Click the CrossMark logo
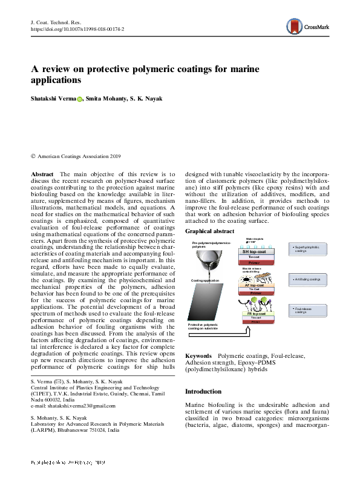pos(308,26)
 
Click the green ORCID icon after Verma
pos(79,99)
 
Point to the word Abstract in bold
pos(42,174)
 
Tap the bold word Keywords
pos(198,355)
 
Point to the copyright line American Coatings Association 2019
pos(76,156)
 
